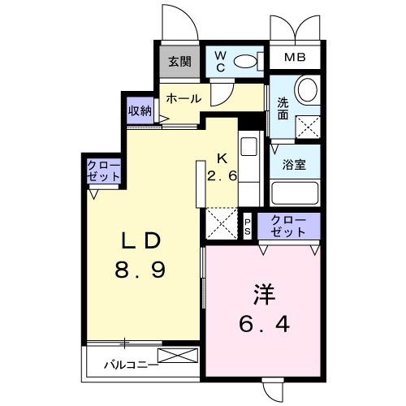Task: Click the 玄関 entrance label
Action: tap(180, 61)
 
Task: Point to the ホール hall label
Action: tap(184, 98)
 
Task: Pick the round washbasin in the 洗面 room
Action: tap(306, 89)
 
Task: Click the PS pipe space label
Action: tap(248, 226)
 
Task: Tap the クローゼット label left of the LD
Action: tap(105, 172)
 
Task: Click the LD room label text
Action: tap(146, 241)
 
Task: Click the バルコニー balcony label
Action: tap(130, 365)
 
